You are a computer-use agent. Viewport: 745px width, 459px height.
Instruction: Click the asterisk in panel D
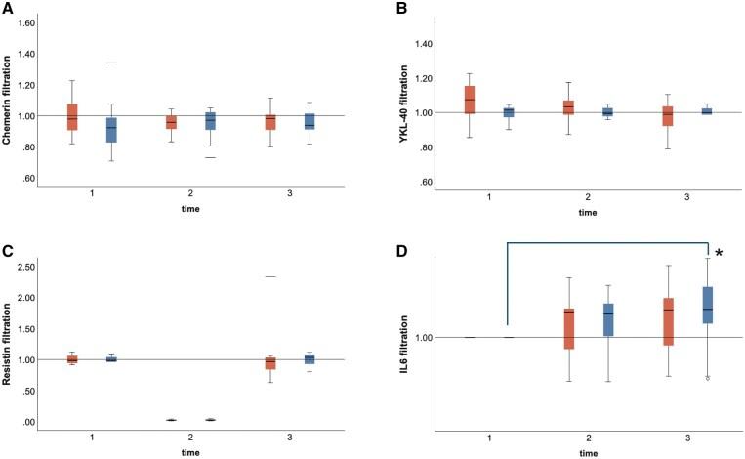(719, 255)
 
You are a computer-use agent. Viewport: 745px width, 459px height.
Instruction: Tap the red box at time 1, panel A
(72, 116)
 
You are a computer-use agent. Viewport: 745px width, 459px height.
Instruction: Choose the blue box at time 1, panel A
(111, 129)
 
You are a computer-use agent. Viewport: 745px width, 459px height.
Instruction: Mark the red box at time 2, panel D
(568, 328)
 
